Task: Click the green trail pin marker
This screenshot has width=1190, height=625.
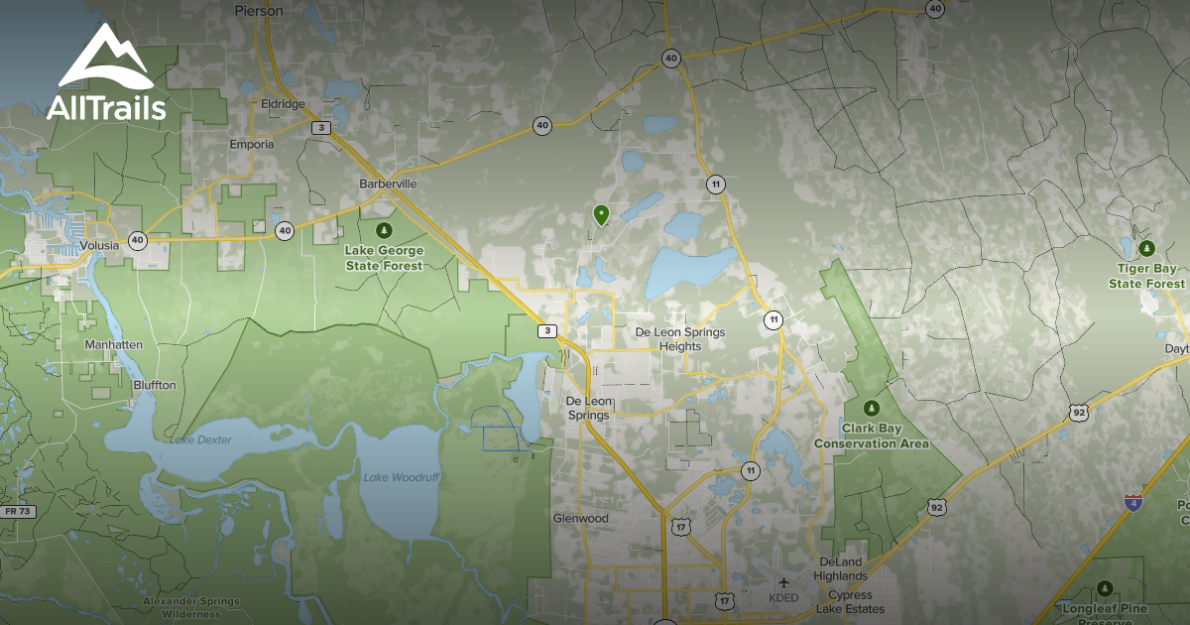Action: point(600,213)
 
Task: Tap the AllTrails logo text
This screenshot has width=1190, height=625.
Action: point(106,107)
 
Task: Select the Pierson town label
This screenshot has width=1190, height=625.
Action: point(259,11)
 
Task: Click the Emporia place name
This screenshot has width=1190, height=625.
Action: point(251,144)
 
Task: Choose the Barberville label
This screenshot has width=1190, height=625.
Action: point(388,184)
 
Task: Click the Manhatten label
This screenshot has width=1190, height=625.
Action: point(114,344)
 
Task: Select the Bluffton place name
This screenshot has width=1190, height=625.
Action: point(154,384)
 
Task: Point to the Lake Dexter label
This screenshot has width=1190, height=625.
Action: point(199,439)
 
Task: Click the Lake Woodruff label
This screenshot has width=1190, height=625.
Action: point(401,477)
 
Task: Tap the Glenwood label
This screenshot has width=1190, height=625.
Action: point(580,518)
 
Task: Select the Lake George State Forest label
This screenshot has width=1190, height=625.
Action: point(384,258)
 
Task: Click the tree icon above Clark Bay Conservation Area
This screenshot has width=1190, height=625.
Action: point(872,408)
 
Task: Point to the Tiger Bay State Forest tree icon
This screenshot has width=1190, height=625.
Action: point(1147,248)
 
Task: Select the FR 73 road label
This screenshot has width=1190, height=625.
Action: point(17,511)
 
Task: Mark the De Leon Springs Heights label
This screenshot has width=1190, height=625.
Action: point(680,339)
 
